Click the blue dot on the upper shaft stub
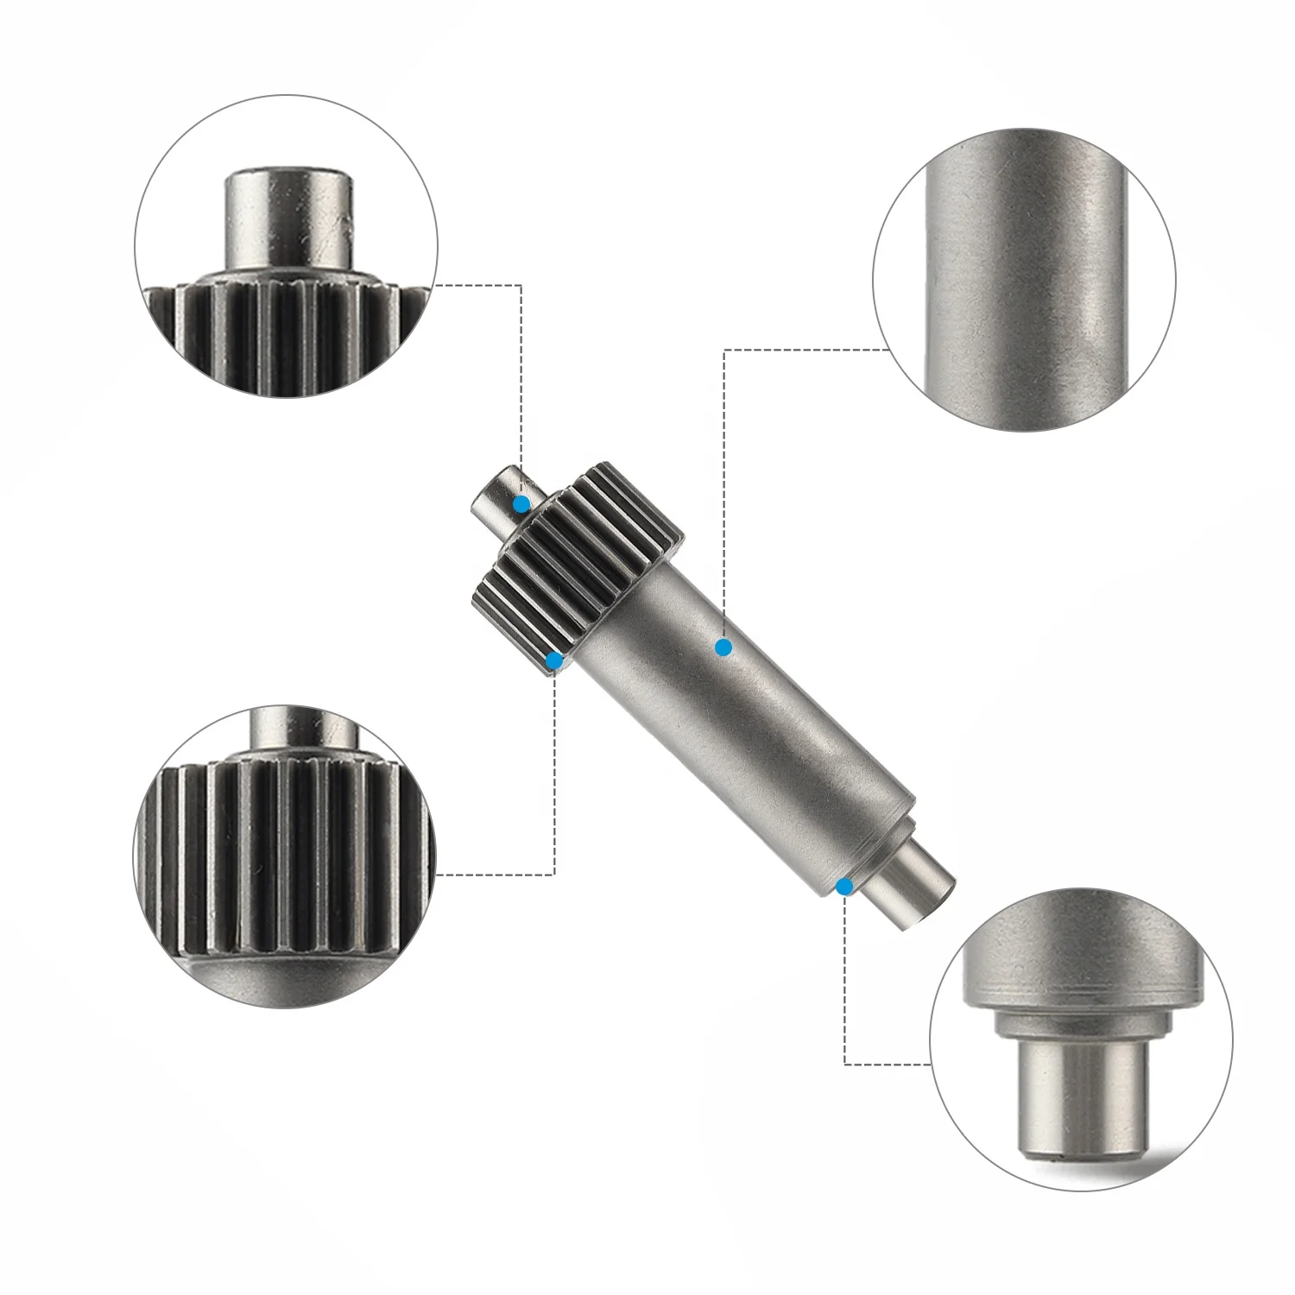pyautogui.click(x=521, y=504)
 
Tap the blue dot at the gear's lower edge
pyautogui.click(x=555, y=662)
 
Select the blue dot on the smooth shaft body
pyautogui.click(x=723, y=647)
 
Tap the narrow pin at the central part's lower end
pyautogui.click(x=915, y=894)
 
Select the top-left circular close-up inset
pyautogui.click(x=285, y=246)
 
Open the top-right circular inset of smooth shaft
pyautogui.click(x=1024, y=280)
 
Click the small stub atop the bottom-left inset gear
pyautogui.click(x=302, y=730)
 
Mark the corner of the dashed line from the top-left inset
pyautogui.click(x=521, y=285)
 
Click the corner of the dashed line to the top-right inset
pyautogui.click(x=723, y=350)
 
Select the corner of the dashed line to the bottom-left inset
pyautogui.click(x=553, y=875)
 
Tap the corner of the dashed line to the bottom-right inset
pyautogui.click(x=844, y=1064)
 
